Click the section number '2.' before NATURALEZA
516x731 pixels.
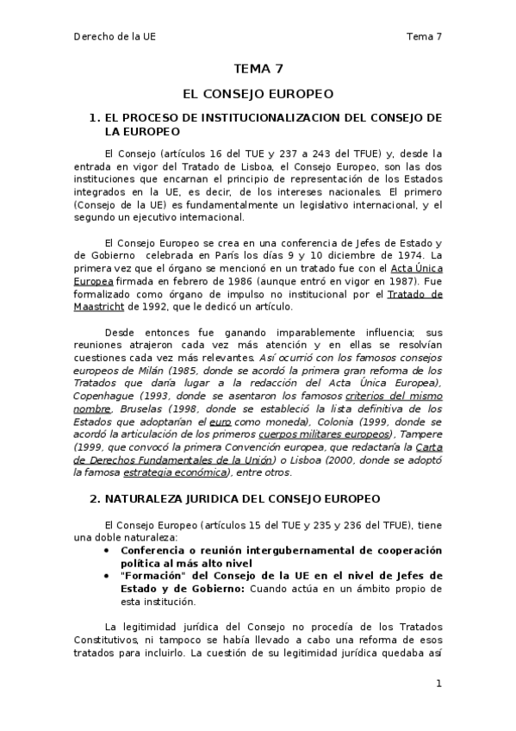(x=95, y=498)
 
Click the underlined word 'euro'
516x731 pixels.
(x=221, y=423)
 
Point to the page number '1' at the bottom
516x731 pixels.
(x=438, y=684)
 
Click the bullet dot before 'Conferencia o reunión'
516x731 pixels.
(x=106, y=549)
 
